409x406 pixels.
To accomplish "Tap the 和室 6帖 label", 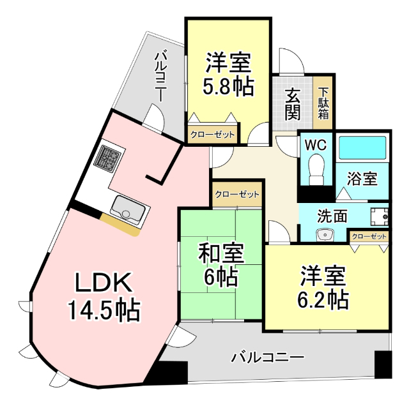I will coord(220,265).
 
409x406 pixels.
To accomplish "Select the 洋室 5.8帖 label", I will coord(227,75).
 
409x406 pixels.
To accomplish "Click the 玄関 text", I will coord(293,105).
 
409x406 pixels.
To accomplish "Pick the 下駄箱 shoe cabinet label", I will coord(324,104).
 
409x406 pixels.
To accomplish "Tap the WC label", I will coord(315,145).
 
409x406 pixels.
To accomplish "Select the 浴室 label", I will coord(362,179).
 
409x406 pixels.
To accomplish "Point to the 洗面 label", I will coord(333,216).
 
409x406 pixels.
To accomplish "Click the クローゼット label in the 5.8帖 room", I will coord(212,135).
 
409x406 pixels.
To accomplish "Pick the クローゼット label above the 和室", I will coord(237,194).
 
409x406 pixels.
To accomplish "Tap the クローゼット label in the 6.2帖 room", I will coord(369,236).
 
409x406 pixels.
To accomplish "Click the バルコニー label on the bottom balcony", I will coord(268,356).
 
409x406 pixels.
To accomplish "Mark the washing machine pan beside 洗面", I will coord(380,215).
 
